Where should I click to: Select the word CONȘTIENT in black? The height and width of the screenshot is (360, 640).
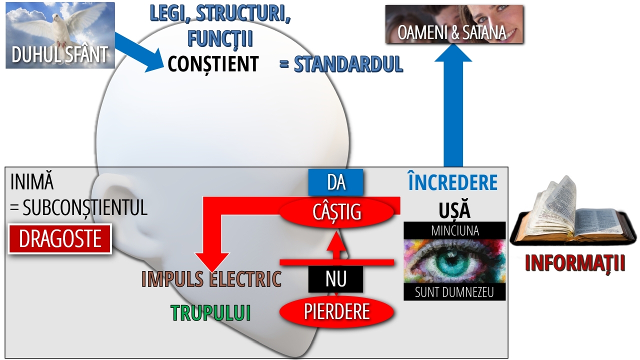click(x=213, y=64)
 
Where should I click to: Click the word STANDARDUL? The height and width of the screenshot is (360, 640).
click(x=348, y=64)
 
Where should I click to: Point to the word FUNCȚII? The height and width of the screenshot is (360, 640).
click(x=220, y=38)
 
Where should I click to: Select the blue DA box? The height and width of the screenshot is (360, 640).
click(x=336, y=182)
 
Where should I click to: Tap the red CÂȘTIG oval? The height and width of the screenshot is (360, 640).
click(x=336, y=212)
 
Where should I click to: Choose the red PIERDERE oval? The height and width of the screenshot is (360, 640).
click(x=336, y=311)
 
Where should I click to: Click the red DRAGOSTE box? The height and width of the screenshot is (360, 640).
click(x=60, y=239)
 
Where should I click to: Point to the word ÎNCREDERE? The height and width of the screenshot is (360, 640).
click(x=453, y=183)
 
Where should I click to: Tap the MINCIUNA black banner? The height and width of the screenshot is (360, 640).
click(x=454, y=230)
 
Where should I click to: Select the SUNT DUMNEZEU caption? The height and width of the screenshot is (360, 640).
click(x=454, y=292)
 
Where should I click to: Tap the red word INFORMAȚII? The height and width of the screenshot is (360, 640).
click(x=575, y=263)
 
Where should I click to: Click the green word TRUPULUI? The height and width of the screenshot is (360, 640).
click(x=210, y=313)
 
